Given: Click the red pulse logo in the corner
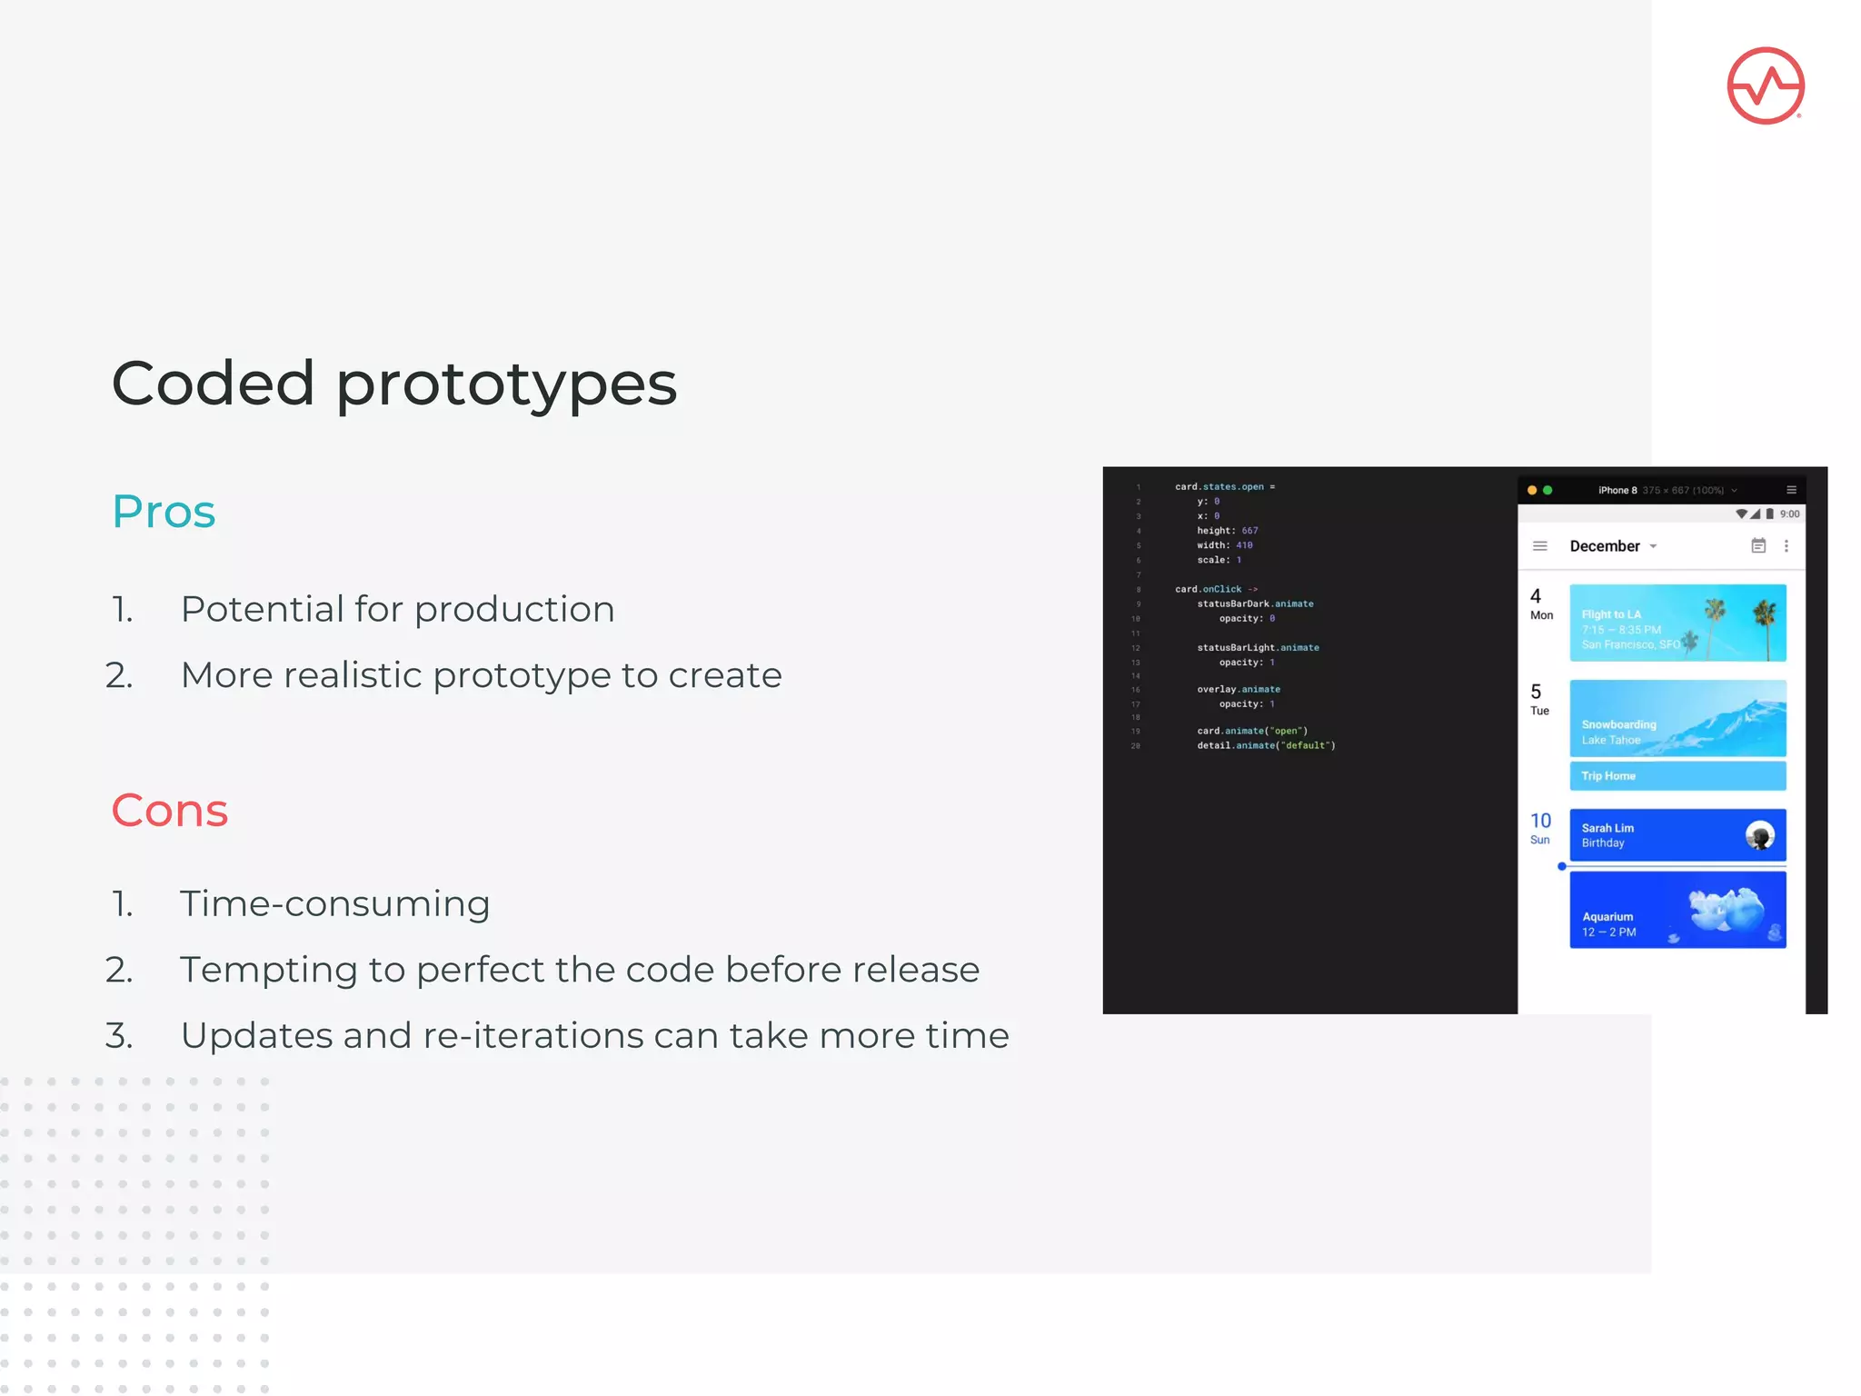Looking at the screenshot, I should click(1765, 86).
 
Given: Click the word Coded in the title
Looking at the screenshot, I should click(213, 384).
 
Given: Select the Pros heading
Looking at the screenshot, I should click(164, 512).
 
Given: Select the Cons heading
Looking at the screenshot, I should click(170, 811).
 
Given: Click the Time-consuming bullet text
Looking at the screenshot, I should click(334, 904).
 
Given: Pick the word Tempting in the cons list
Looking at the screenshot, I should click(269, 970).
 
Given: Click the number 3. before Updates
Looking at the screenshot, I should click(119, 1036).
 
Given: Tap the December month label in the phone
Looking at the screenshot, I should click(1604, 546).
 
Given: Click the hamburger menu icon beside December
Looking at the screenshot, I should click(1539, 546).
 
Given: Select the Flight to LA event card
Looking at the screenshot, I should click(1677, 623).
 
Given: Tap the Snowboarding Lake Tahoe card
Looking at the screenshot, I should click(1677, 718).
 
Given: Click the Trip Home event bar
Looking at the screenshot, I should click(1677, 775).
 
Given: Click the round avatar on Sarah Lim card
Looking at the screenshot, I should click(1759, 835).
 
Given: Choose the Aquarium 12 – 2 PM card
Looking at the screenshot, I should click(1677, 910).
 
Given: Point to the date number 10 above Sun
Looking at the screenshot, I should click(1540, 821).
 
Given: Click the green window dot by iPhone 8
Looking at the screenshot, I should click(1548, 490).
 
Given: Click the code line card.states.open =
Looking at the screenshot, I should click(1224, 487).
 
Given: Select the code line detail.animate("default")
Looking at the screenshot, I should click(1265, 745).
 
